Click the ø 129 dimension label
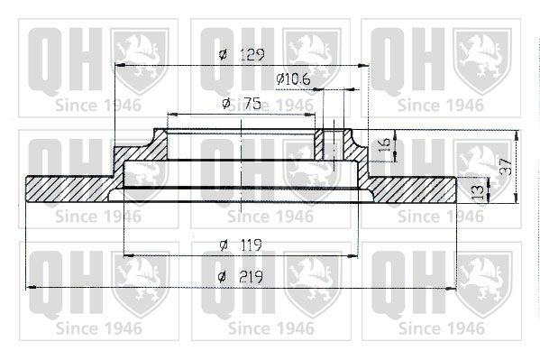[242, 54]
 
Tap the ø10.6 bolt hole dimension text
[293, 79]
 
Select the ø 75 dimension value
[242, 103]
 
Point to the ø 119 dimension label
[241, 245]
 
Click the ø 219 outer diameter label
[241, 277]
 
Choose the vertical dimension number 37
[507, 167]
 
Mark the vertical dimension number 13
[478, 193]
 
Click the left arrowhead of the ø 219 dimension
[32, 287]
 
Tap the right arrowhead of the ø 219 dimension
[451, 289]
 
